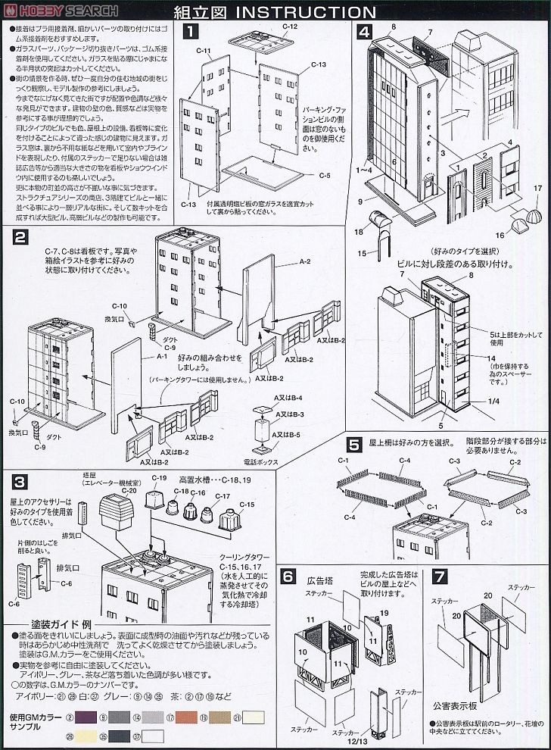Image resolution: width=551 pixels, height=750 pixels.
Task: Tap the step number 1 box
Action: (x=193, y=32)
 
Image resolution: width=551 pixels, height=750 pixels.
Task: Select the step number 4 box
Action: (x=366, y=32)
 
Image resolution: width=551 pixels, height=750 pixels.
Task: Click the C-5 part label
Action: (x=324, y=175)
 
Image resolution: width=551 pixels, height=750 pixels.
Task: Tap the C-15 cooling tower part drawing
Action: (x=228, y=521)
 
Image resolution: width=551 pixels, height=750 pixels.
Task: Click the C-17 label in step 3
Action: (x=222, y=496)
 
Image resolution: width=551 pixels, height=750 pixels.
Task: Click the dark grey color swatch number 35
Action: (x=120, y=735)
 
